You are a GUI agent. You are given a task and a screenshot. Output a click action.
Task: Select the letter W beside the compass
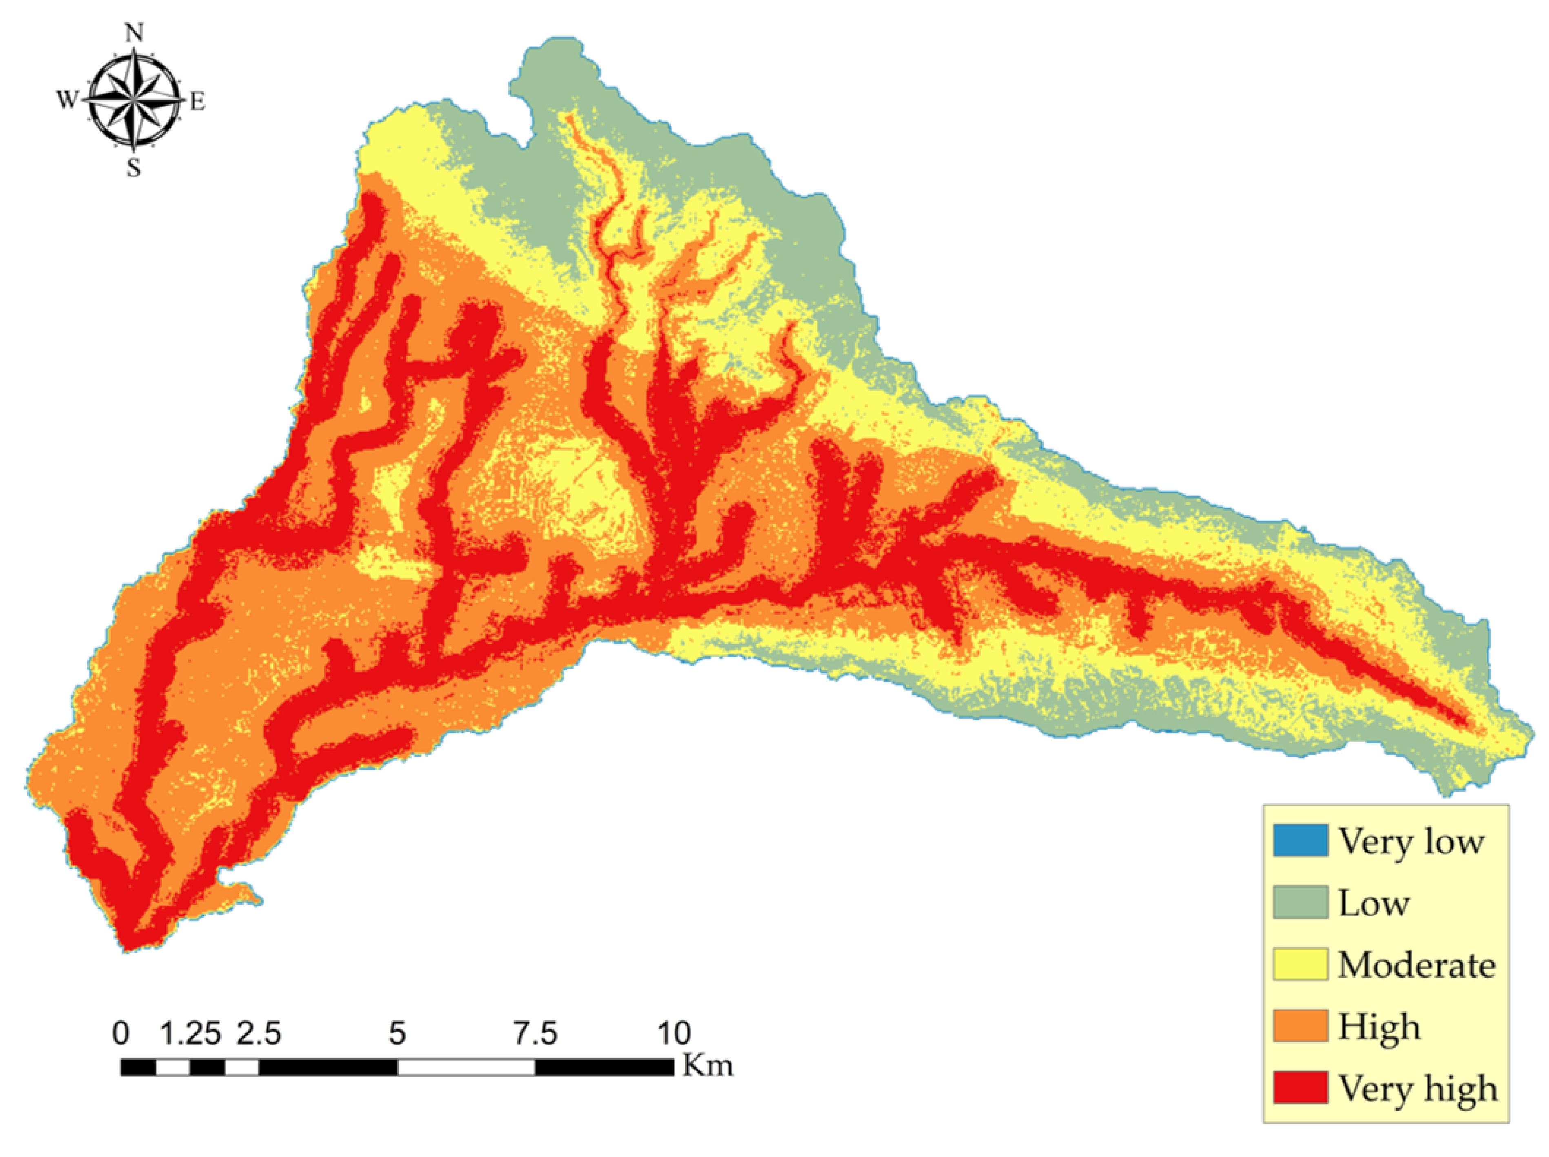click(66, 101)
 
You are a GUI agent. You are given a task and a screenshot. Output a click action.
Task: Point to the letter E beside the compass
click(198, 102)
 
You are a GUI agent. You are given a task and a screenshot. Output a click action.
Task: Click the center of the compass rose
click(133, 100)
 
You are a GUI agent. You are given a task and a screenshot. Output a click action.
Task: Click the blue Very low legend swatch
click(1300, 841)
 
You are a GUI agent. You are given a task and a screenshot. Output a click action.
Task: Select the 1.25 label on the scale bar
click(191, 1033)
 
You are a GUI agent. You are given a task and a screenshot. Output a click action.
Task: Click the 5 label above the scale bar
click(397, 1033)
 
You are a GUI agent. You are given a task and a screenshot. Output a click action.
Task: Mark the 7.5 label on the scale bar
click(536, 1033)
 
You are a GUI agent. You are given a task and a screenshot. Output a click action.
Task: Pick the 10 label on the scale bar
click(674, 1033)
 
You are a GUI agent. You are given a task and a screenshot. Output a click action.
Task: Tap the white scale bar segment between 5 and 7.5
click(466, 1067)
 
